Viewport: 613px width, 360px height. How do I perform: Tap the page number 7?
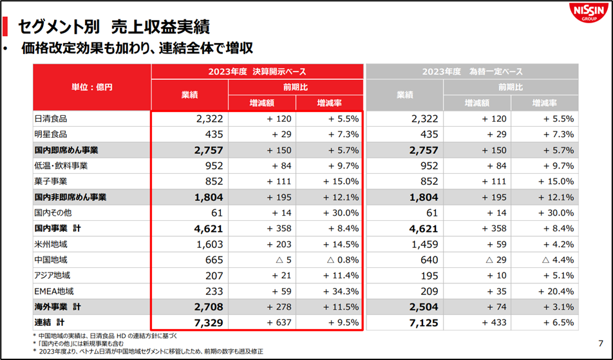click(601, 343)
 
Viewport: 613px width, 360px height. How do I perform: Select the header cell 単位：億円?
click(92, 87)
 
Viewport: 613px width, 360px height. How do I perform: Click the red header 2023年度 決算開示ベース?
click(257, 71)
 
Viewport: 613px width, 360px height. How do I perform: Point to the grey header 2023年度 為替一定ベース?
click(473, 71)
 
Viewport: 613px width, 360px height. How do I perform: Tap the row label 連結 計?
click(51, 321)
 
